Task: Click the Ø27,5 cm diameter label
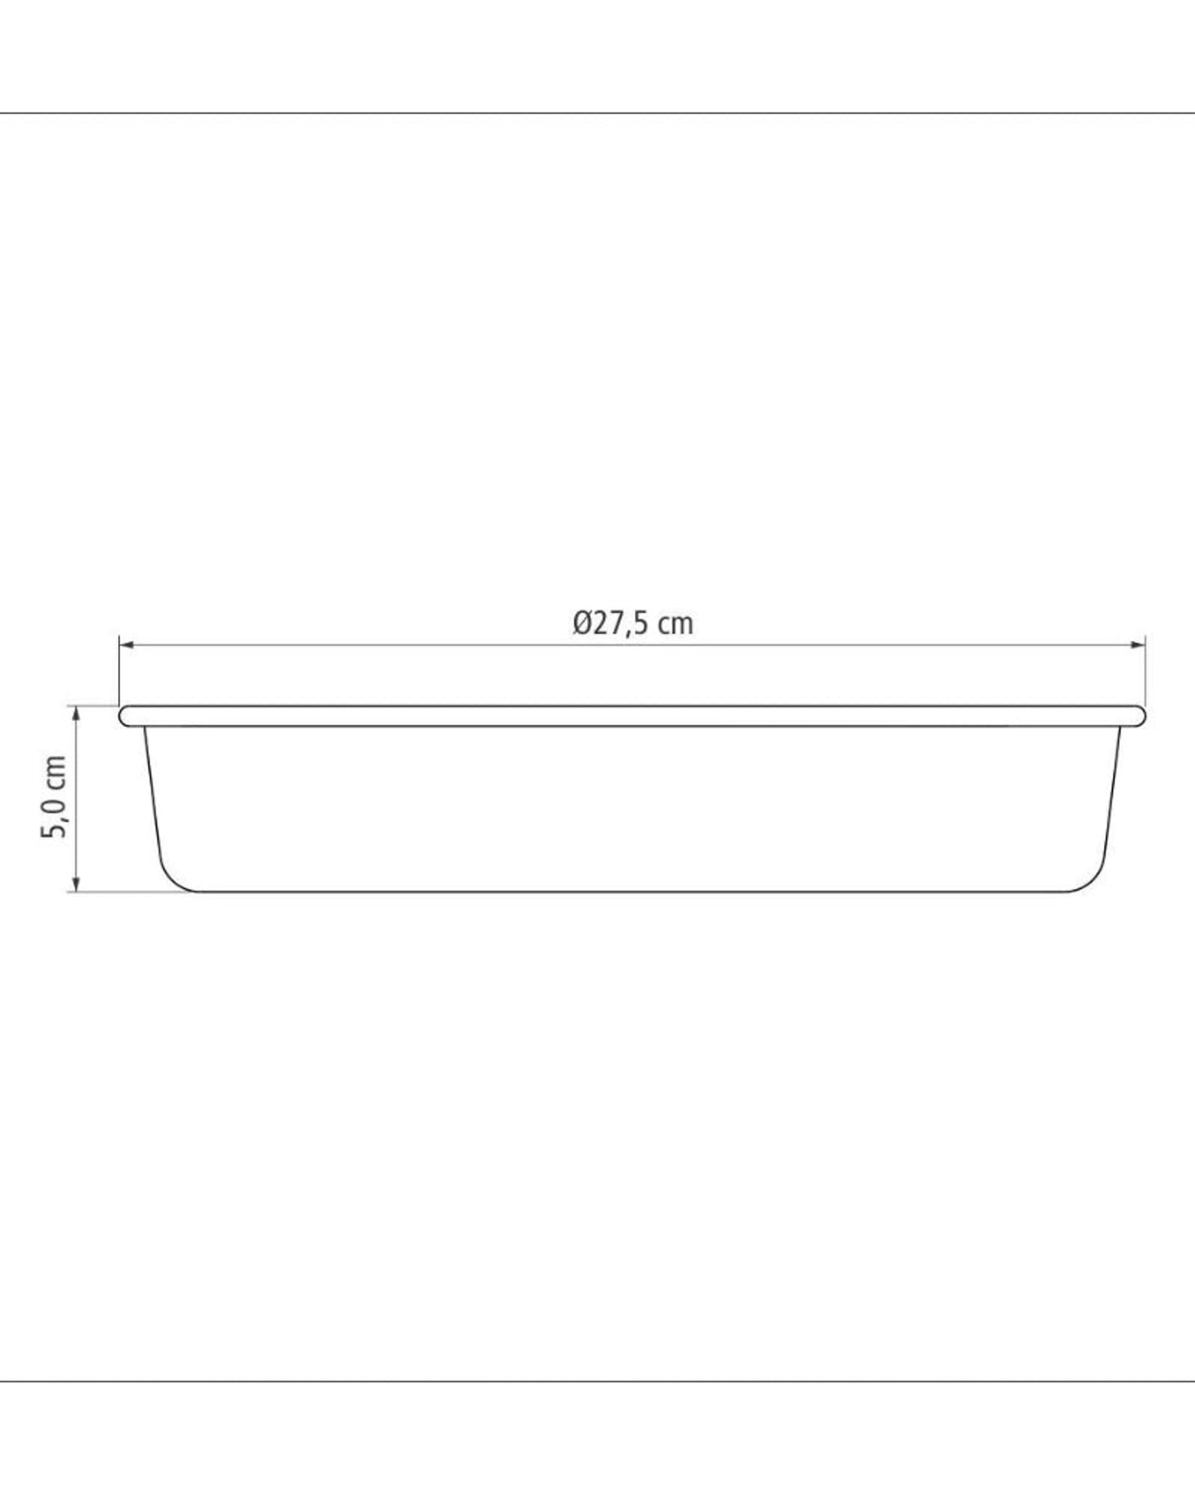632,623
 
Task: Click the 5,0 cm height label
54,797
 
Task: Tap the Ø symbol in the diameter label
581,623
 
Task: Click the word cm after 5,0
54,771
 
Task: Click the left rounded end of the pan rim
125,716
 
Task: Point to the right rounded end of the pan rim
1140,716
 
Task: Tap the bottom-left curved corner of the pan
169,879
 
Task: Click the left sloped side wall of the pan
151,794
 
